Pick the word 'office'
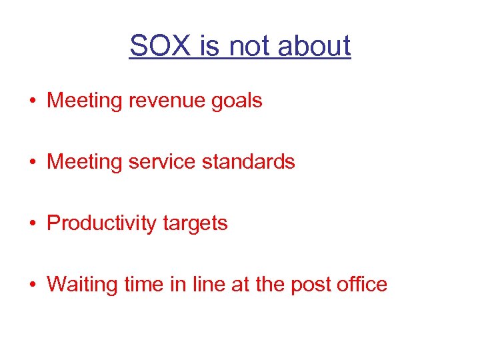[x=362, y=285]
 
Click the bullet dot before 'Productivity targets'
[x=33, y=224]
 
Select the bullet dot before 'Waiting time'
[x=33, y=285]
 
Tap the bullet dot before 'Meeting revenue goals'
[x=33, y=101]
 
